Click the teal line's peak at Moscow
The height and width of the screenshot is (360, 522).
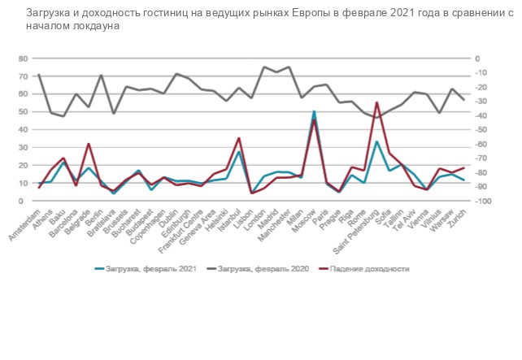314,111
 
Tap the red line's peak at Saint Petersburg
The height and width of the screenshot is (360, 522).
376,102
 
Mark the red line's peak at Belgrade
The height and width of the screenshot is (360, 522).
88,144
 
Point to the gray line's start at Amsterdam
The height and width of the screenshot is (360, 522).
39,75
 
